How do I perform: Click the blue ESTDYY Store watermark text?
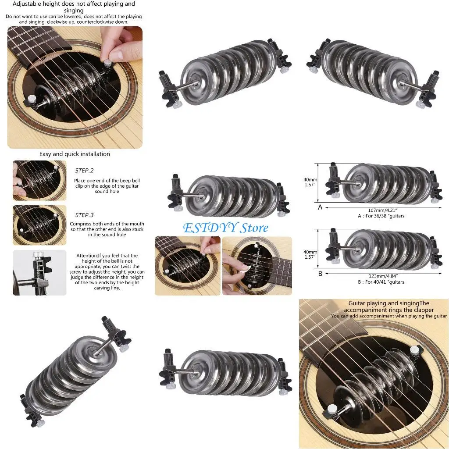pos(225,228)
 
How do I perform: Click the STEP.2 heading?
pos(84,171)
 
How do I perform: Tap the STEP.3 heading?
pos(84,215)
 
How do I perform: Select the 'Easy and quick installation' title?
pos(75,154)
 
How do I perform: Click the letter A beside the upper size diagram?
pos(320,207)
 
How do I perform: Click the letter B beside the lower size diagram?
pos(320,274)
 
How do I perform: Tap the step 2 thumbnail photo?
pos(39,180)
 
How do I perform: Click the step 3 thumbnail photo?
pos(39,225)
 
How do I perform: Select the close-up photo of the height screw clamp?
pos(39,272)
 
